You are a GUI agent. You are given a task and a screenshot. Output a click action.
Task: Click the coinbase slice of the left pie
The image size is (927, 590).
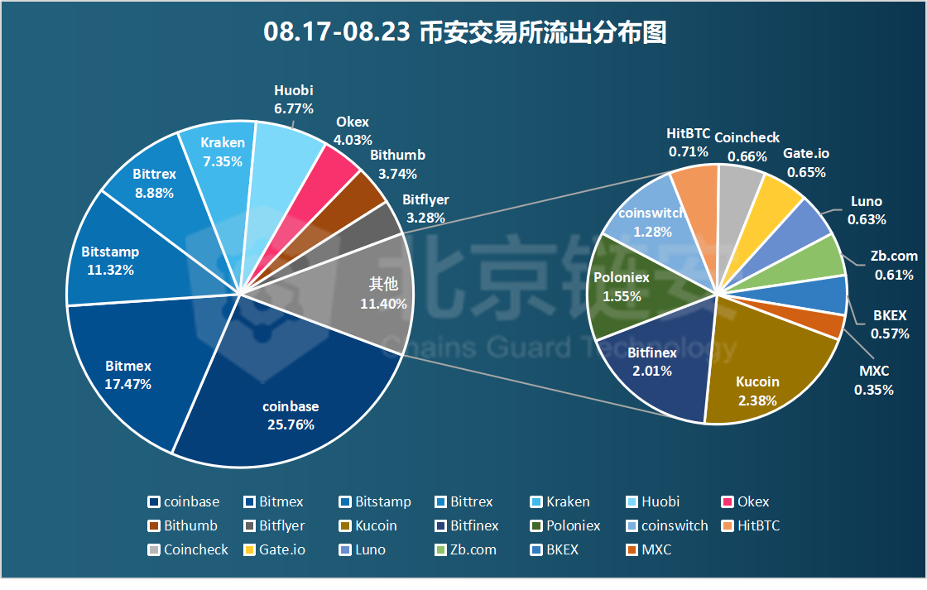click(290, 414)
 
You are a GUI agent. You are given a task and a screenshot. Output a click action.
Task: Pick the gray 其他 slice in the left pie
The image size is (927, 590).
click(364, 294)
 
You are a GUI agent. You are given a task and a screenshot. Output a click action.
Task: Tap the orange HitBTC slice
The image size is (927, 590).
click(695, 190)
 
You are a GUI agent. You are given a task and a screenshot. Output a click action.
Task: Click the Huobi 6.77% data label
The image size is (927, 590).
click(294, 99)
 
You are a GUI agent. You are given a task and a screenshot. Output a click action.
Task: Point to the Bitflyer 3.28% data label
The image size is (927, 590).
click(425, 209)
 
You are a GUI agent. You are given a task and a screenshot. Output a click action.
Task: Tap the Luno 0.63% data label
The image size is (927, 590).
click(867, 210)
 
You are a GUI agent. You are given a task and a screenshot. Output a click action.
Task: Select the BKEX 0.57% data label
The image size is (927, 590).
click(890, 325)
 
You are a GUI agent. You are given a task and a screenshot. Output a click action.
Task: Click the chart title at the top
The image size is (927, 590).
click(464, 32)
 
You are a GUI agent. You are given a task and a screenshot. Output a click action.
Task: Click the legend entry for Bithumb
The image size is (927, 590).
click(183, 525)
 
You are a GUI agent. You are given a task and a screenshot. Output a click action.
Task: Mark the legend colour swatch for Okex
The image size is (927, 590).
click(728, 501)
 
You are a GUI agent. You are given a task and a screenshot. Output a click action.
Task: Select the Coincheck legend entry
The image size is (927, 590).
click(188, 549)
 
